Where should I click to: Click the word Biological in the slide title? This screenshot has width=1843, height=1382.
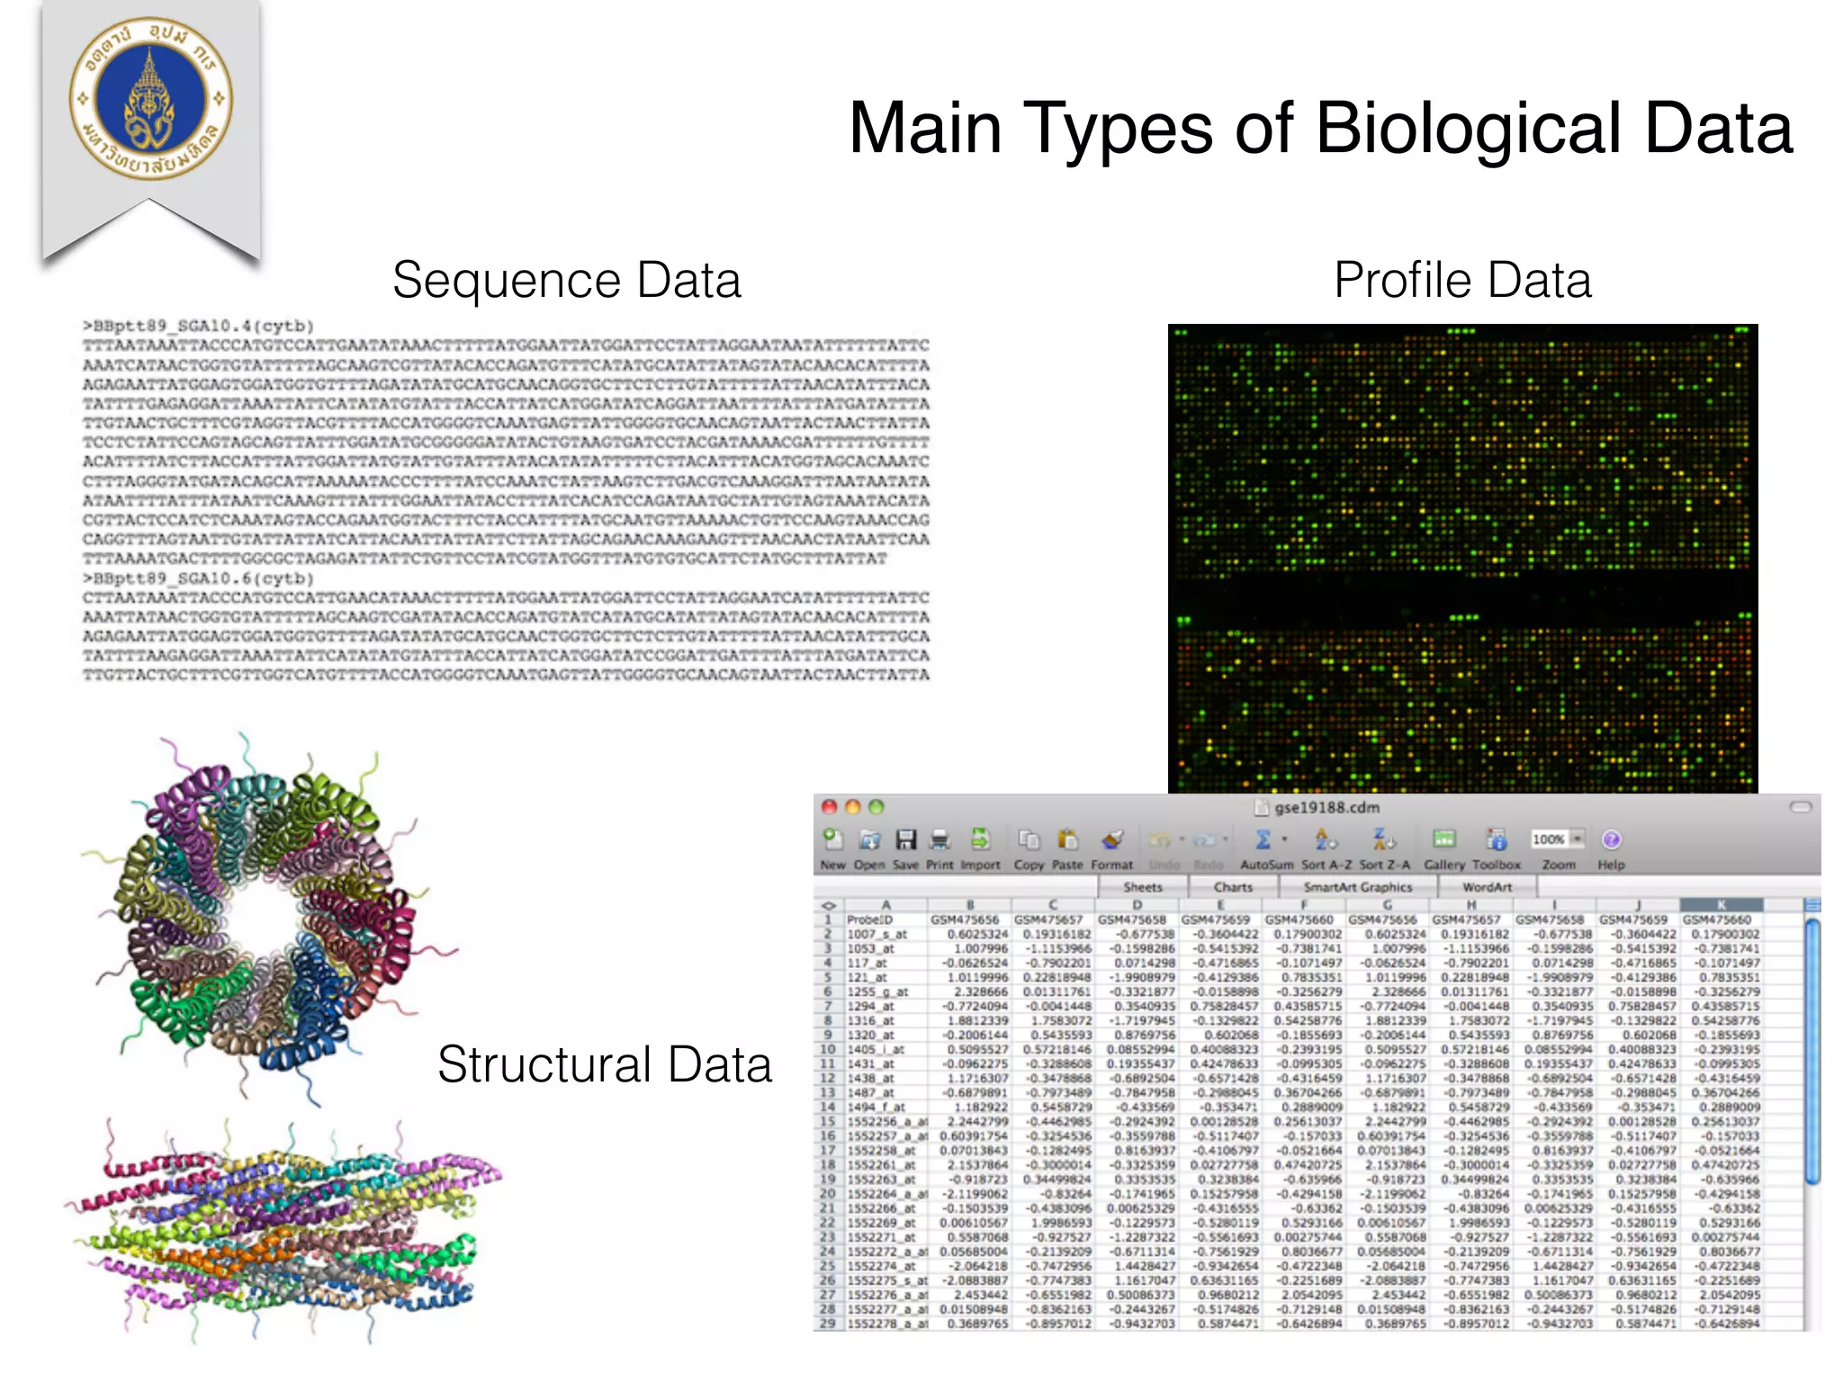(x=1469, y=129)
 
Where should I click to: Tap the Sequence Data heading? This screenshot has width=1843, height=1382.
(x=566, y=280)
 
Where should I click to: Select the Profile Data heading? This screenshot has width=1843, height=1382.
(x=1462, y=280)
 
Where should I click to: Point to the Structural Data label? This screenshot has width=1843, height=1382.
(x=604, y=1064)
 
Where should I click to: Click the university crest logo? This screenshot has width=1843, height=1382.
(x=151, y=98)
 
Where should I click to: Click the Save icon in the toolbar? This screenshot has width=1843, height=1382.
(x=905, y=840)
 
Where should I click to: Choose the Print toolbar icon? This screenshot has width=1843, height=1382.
(x=939, y=840)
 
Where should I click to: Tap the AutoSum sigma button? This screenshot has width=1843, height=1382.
(x=1263, y=840)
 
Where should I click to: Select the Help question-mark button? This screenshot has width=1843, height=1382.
(x=1611, y=840)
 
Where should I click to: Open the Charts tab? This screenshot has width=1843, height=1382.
(x=1233, y=887)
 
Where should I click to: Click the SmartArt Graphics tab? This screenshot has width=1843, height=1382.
(x=1357, y=887)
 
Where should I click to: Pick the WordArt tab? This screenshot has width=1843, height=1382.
(x=1487, y=887)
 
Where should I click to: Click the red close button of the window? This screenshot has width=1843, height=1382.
(x=830, y=807)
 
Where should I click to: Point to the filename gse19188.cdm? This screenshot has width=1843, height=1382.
(x=1326, y=807)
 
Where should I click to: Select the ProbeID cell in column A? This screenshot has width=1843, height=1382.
(x=869, y=920)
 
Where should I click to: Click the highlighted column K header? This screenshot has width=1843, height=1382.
(x=1721, y=905)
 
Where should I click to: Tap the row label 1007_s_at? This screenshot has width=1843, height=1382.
(x=877, y=934)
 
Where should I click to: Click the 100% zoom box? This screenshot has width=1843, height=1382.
(x=1550, y=839)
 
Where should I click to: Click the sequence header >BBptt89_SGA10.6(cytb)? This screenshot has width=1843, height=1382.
(x=198, y=579)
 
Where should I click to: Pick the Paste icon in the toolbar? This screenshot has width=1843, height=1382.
(x=1067, y=840)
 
